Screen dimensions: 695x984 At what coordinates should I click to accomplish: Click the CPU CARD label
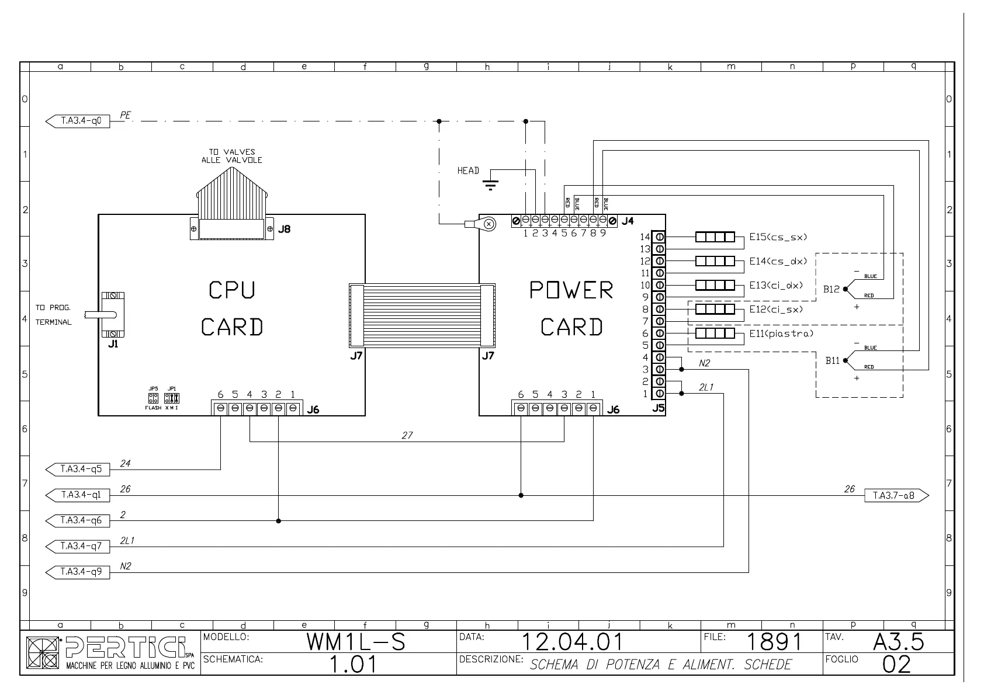point(232,308)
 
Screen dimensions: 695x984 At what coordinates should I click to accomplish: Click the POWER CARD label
point(571,308)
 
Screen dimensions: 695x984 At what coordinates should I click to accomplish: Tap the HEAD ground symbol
point(491,185)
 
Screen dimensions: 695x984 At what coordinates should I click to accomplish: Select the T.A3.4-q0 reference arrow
point(78,121)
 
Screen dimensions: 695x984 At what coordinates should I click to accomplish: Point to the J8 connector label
point(284,230)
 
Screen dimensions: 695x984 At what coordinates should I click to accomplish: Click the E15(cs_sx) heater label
point(778,237)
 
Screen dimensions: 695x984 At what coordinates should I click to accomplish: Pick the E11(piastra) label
point(781,333)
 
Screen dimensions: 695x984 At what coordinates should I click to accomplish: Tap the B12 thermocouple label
point(831,289)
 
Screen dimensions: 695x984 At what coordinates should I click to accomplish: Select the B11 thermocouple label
point(832,361)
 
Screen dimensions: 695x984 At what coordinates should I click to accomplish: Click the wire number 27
point(407,435)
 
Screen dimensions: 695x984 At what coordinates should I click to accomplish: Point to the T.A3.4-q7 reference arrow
point(78,546)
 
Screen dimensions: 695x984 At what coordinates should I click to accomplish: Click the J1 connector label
point(113,345)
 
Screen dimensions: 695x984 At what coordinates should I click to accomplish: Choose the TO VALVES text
point(232,152)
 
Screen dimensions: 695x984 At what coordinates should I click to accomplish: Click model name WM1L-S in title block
point(356,642)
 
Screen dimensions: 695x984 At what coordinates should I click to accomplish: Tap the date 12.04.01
point(571,642)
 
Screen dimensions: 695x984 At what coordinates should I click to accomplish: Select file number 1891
point(774,642)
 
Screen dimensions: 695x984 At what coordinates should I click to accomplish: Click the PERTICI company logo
point(111,653)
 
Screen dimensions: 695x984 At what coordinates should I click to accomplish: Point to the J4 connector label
point(628,221)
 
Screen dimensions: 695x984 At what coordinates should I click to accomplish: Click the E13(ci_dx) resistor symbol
point(715,285)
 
